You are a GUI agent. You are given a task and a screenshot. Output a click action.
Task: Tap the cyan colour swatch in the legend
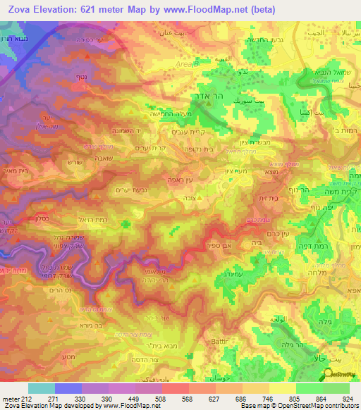[42, 388]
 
